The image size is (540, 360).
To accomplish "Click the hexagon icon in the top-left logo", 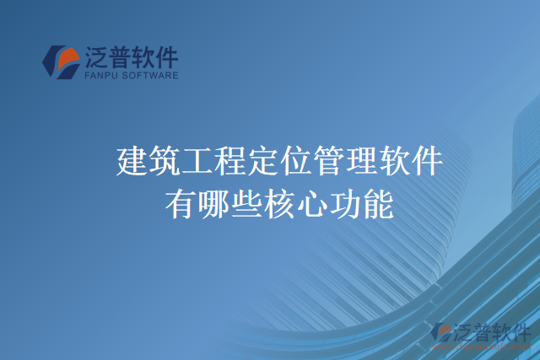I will (x=61, y=62).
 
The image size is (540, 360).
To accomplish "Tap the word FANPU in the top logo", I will (x=100, y=75).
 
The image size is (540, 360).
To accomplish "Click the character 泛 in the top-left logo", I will (x=95, y=56).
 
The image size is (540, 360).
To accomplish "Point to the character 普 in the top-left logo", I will (x=120, y=56).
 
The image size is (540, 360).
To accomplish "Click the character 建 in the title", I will (x=132, y=161).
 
